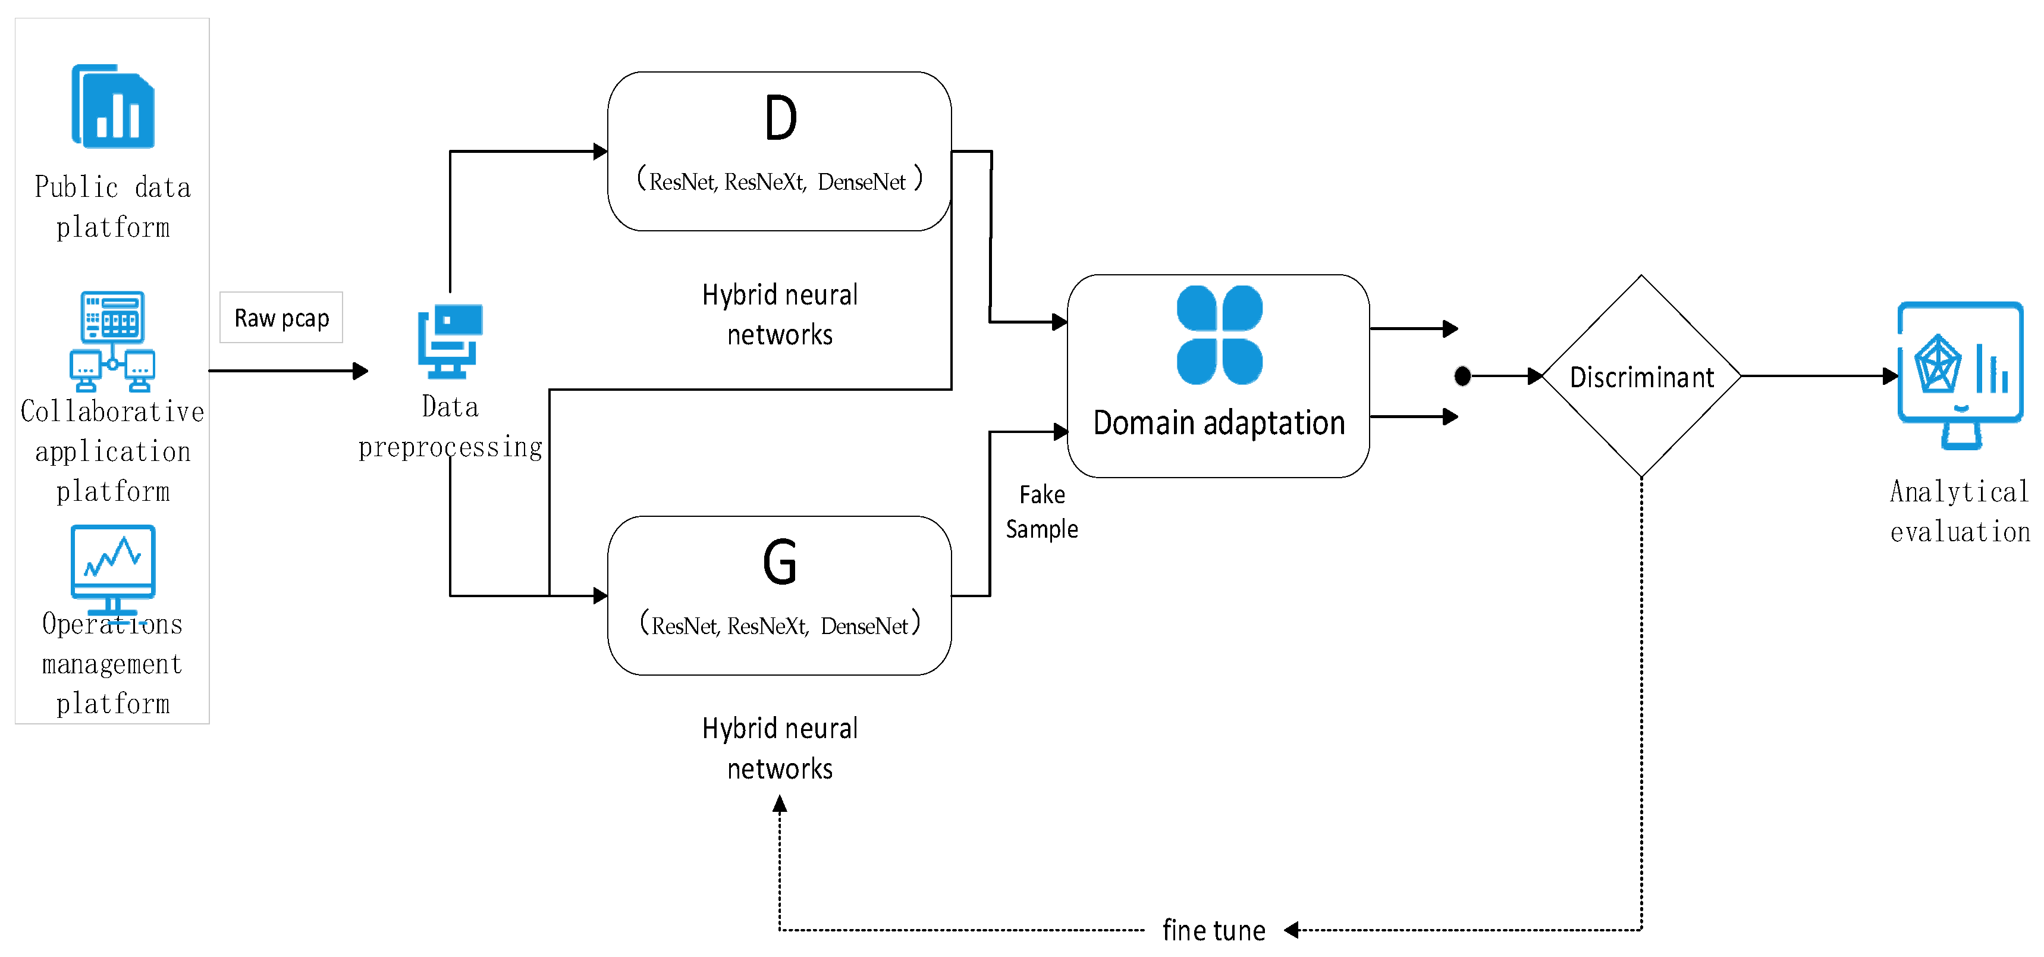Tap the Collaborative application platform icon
[112, 341]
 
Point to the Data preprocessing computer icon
[450, 341]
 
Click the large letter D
[781, 117]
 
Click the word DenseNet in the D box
[861, 182]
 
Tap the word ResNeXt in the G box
[767, 626]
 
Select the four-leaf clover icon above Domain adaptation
[1220, 335]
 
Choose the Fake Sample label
[1042, 512]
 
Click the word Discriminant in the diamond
[1642, 377]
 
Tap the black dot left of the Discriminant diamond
[1462, 376]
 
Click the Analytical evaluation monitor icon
[1960, 375]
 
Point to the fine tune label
[1213, 930]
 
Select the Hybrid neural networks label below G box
[780, 748]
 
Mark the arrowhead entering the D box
[601, 150]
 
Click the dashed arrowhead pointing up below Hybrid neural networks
[780, 805]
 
